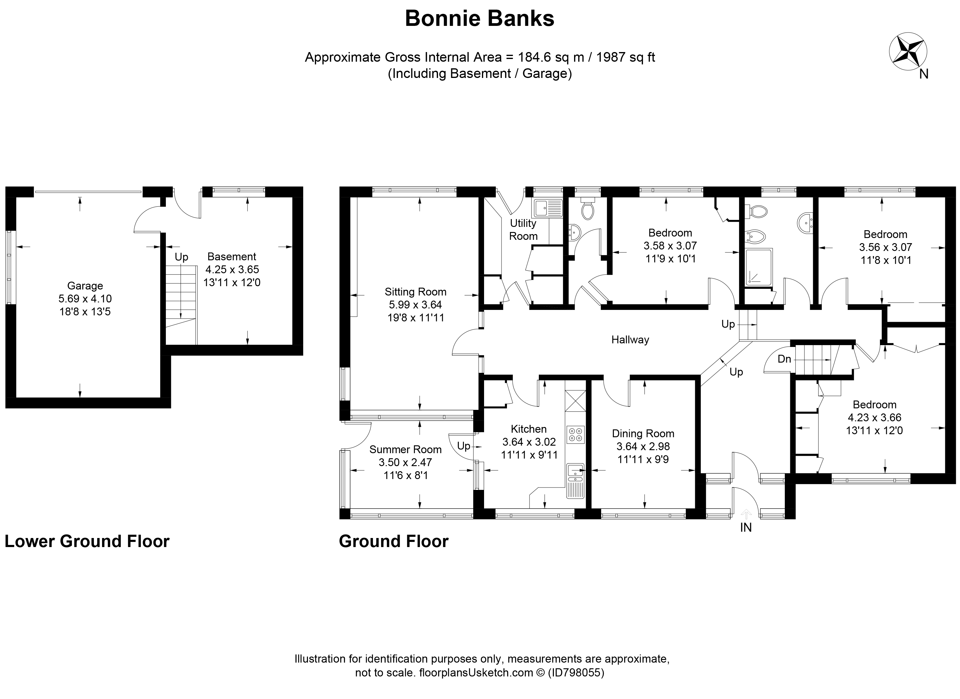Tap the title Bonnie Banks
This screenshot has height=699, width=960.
point(480,19)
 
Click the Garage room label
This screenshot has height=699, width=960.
point(85,286)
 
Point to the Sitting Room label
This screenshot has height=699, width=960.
point(415,292)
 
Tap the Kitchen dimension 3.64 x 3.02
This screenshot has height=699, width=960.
point(529,442)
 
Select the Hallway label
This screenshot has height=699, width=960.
point(630,339)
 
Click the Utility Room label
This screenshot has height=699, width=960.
point(523,229)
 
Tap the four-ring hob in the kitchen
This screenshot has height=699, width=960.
point(575,435)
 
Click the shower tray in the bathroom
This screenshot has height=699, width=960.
point(759,268)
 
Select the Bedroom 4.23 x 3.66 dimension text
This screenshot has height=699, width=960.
point(874,418)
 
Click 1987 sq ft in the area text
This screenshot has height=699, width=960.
point(625,57)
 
